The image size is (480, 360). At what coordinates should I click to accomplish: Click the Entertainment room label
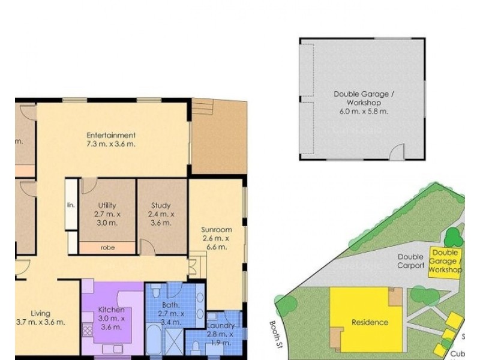pyautogui.click(x=111, y=135)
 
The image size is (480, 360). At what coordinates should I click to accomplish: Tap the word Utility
pyautogui.click(x=107, y=205)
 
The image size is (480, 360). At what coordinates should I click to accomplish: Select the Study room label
pyautogui.click(x=161, y=205)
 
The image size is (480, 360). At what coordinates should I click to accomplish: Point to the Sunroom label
pyautogui.click(x=216, y=229)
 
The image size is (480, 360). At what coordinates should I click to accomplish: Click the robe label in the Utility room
pyautogui.click(x=108, y=247)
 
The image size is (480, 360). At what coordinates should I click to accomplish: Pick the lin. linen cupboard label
pyautogui.click(x=71, y=205)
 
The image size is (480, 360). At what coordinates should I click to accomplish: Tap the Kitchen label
pyautogui.click(x=112, y=310)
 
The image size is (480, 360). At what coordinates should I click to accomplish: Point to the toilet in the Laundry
pyautogui.click(x=196, y=348)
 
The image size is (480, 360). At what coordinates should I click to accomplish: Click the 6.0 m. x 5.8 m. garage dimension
pyautogui.click(x=364, y=111)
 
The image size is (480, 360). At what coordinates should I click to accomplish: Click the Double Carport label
pyautogui.click(x=411, y=261)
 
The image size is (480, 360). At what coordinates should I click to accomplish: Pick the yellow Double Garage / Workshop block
pyautogui.click(x=446, y=262)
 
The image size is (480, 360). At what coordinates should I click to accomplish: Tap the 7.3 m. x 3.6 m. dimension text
pyautogui.click(x=111, y=144)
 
